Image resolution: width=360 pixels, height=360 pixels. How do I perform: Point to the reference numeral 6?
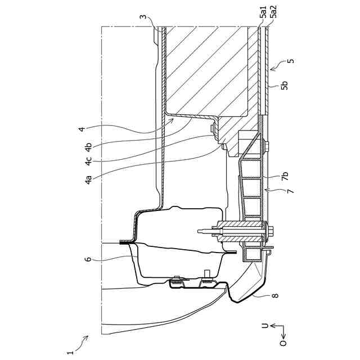[88, 259]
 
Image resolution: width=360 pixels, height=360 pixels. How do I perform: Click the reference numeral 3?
[143, 17]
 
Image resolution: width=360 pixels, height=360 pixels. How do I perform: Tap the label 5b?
[285, 85]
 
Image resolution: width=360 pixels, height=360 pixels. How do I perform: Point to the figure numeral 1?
[70, 352]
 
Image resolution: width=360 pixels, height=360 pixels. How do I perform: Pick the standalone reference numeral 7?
[291, 192]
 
